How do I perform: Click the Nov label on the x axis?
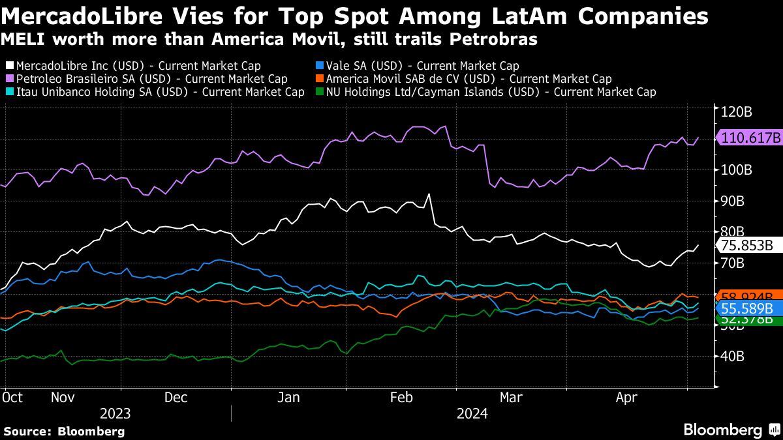click(63, 397)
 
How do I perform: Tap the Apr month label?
click(627, 397)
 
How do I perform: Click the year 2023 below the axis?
click(115, 413)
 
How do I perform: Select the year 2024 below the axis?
click(472, 413)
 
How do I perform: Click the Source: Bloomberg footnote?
click(64, 431)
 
